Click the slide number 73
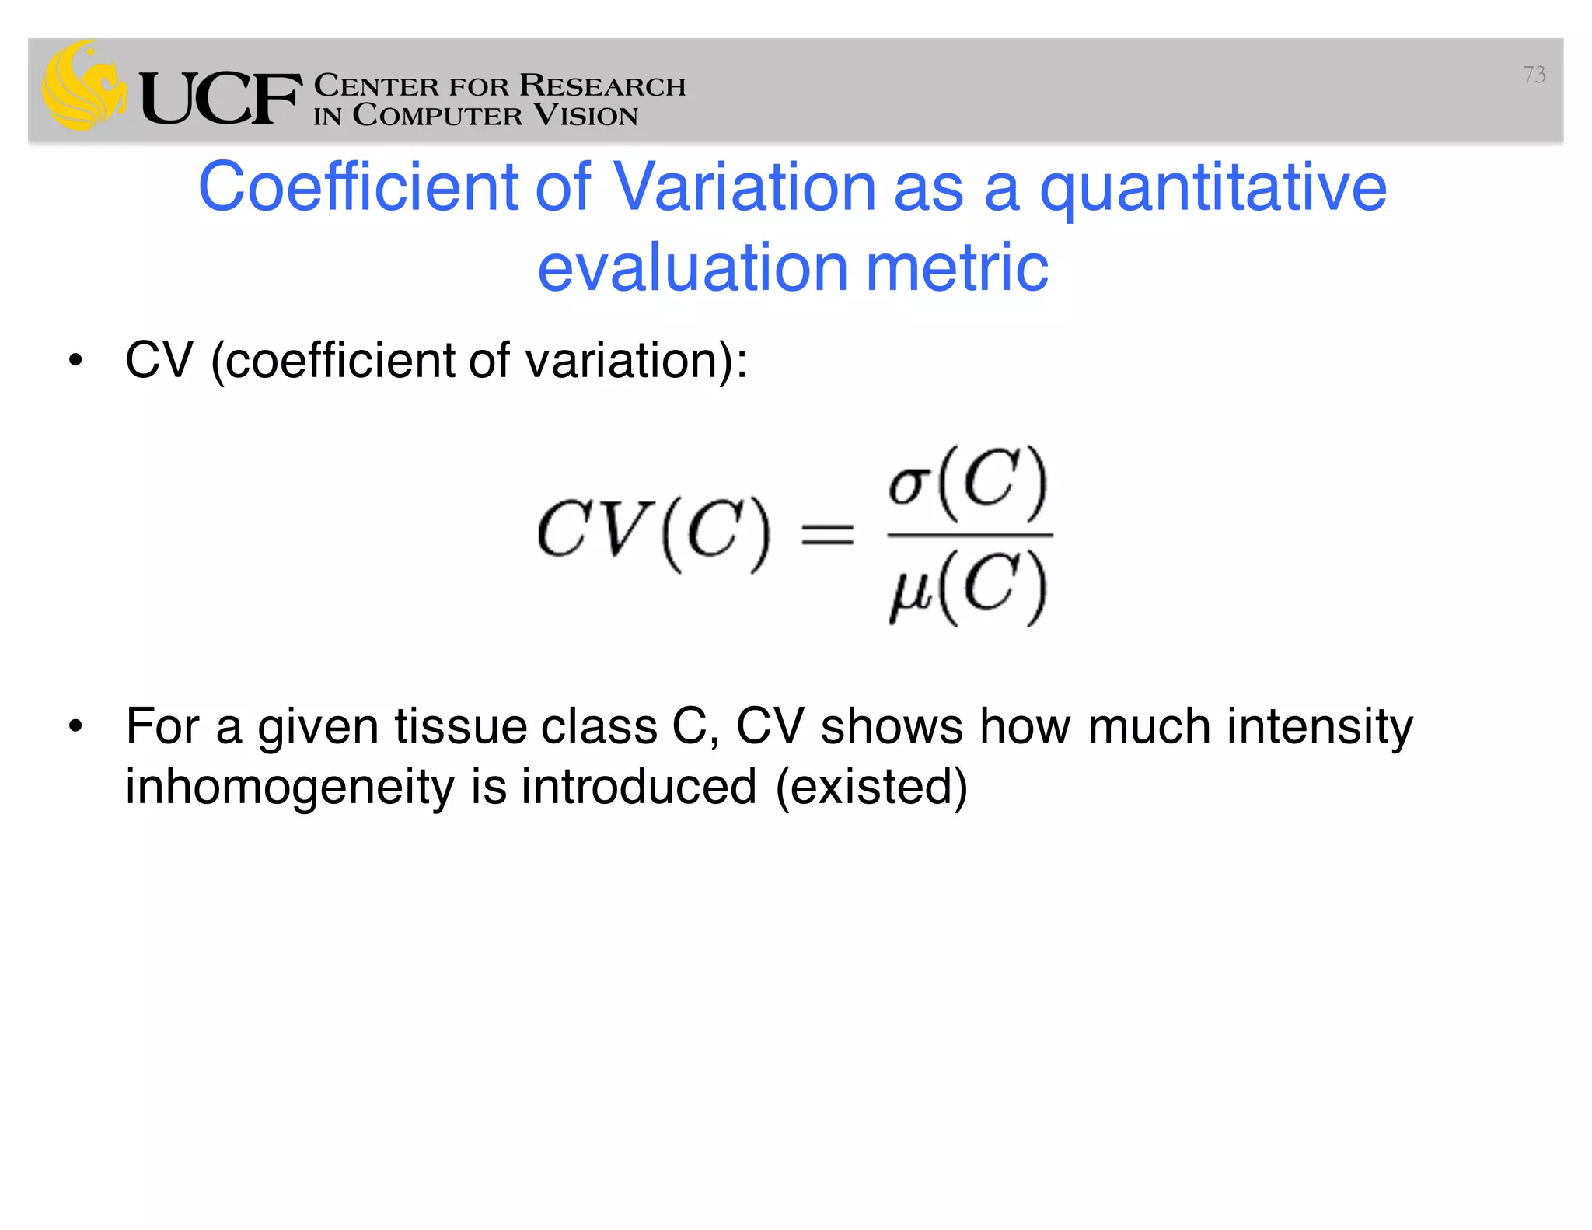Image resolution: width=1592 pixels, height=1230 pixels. point(1534,75)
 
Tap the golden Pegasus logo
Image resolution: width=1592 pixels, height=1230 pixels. point(84,86)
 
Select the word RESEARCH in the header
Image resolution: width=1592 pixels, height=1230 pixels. point(602,85)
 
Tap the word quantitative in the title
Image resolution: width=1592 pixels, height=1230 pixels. point(1213,189)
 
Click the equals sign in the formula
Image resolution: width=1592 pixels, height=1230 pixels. point(828,535)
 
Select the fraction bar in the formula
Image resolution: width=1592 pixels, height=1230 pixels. point(969,536)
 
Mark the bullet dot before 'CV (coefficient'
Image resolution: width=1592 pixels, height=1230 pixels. point(75,361)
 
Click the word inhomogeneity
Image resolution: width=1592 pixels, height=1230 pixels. point(289,787)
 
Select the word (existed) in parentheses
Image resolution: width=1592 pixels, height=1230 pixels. point(871,787)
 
